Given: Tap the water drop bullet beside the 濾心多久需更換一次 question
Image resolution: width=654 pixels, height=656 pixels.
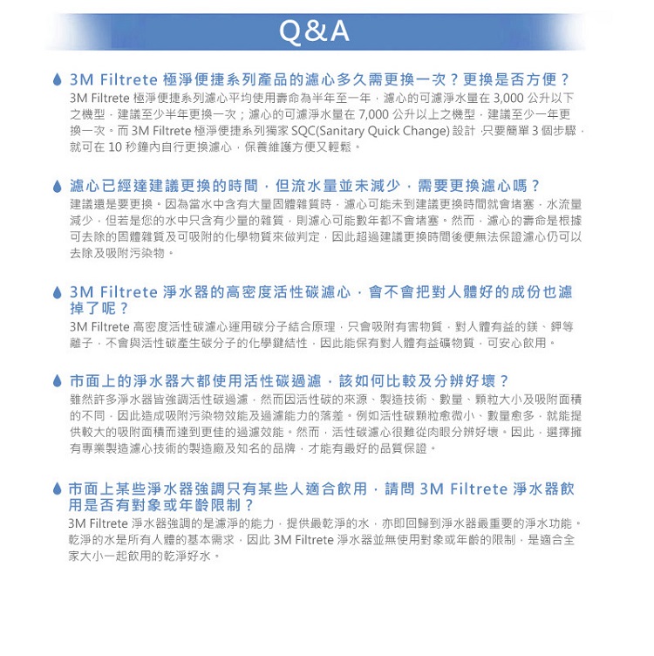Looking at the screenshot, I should (57, 79).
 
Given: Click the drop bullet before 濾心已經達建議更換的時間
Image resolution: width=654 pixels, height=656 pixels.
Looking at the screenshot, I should (57, 186).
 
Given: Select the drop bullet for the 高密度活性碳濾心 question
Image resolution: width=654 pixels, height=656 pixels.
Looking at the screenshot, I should (57, 293).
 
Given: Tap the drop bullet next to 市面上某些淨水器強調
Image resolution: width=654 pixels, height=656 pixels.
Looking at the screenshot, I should (57, 489).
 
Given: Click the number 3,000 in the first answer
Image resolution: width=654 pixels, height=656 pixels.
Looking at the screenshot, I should (510, 97).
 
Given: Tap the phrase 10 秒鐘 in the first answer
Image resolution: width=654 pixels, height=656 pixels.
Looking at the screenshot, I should (127, 147).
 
